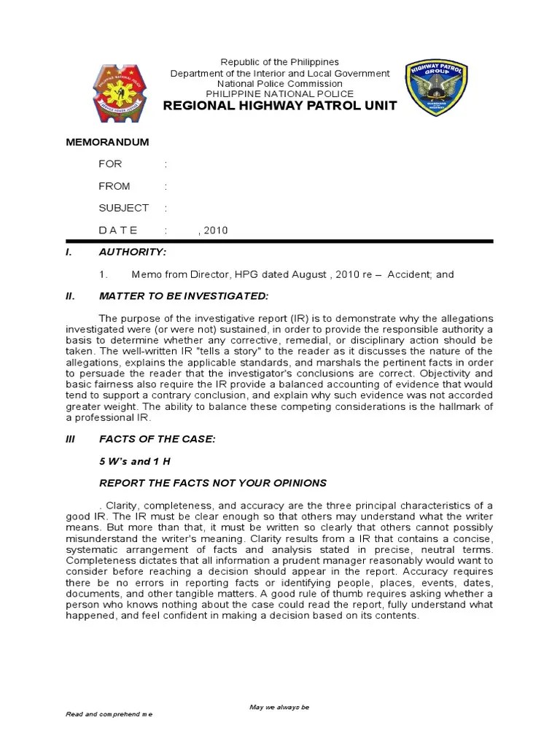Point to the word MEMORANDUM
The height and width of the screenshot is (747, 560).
(107, 142)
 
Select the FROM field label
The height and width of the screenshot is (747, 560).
(114, 186)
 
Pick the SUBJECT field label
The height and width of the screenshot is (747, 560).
(123, 208)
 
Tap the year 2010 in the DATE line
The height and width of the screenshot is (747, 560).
(216, 231)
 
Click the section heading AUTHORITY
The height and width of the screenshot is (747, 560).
(133, 252)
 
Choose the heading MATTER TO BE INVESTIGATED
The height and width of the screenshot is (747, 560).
(184, 295)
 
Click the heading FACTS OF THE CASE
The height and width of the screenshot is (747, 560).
(157, 439)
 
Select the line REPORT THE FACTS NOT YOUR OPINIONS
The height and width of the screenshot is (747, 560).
(213, 483)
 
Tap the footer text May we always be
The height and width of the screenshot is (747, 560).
(279, 707)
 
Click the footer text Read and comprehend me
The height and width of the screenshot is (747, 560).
(109, 714)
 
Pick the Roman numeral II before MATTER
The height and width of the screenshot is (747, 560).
(70, 295)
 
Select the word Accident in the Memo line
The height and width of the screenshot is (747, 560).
(409, 274)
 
